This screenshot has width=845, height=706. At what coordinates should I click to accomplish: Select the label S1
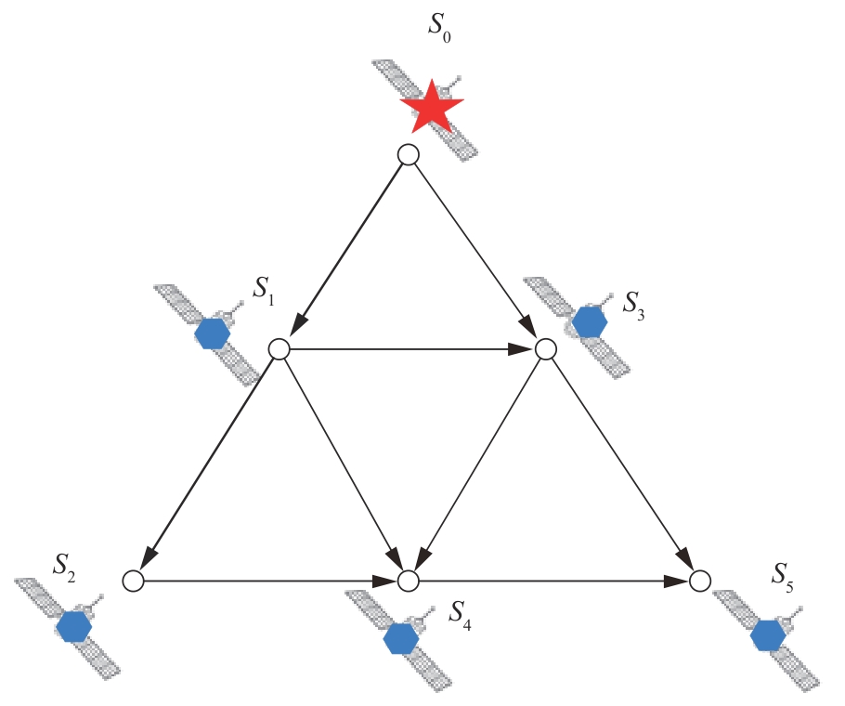pos(265,294)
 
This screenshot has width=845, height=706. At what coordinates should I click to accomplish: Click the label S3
pos(632,303)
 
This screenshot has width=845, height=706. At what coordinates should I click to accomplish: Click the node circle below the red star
pos(408,155)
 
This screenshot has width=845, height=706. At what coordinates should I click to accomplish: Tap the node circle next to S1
pos(279,349)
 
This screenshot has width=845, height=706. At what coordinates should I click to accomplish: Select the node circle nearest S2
pos(133,582)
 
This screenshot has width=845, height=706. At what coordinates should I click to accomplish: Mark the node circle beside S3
pos(546,349)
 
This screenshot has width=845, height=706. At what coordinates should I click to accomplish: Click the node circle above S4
pos(408,582)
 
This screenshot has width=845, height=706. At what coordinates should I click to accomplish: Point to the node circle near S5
pos(700,582)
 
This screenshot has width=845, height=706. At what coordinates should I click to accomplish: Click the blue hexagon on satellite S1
pos(213,333)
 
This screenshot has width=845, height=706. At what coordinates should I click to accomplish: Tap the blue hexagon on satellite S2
pos(73,627)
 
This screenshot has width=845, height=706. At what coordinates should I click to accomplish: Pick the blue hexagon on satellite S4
pos(400,638)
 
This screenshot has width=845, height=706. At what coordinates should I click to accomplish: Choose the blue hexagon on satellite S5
pos(767,635)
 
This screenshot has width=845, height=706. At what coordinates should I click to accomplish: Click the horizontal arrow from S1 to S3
pos(412,349)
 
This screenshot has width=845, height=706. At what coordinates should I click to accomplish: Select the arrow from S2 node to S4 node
pos(269,582)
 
